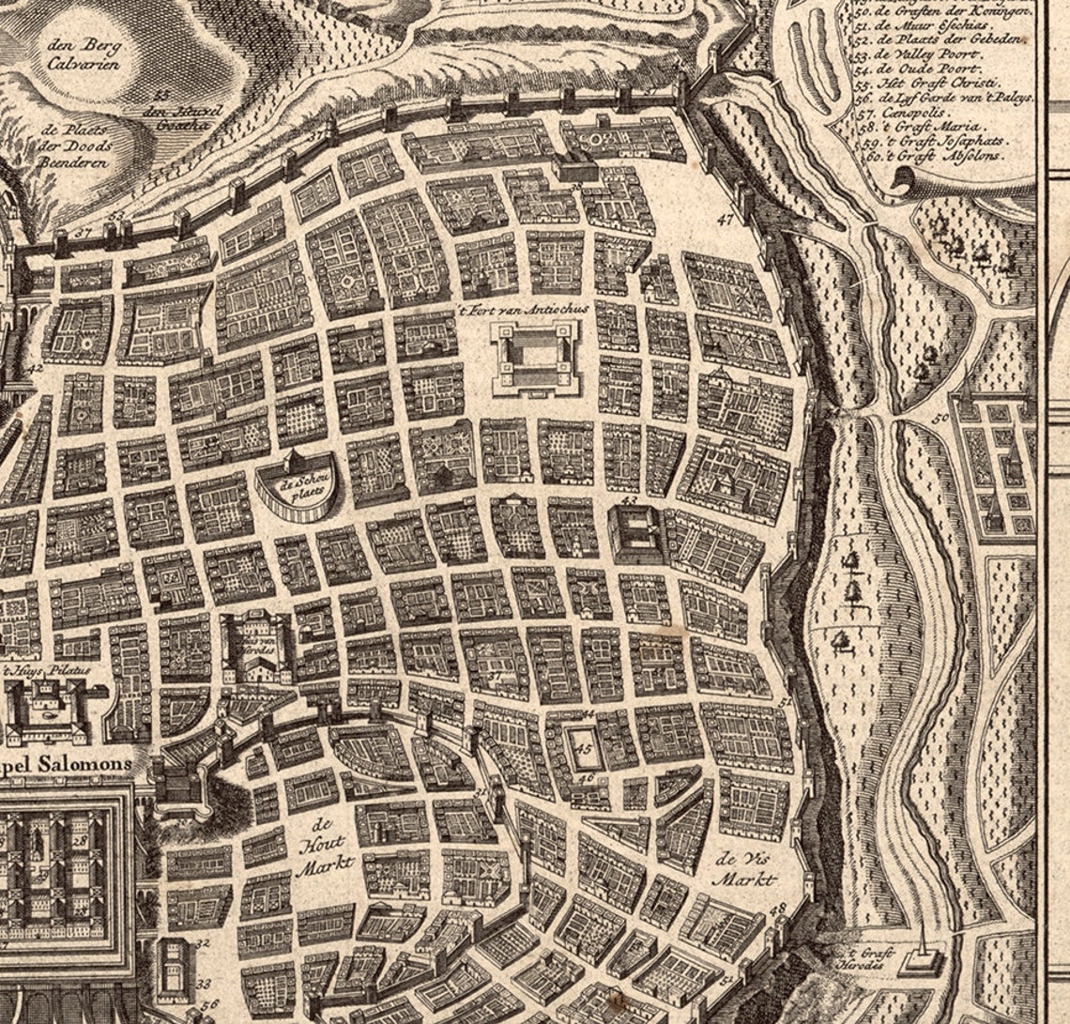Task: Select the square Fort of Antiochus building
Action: pos(536,358)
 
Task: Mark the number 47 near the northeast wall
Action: pos(726,221)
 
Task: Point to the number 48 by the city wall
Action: pos(777,909)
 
